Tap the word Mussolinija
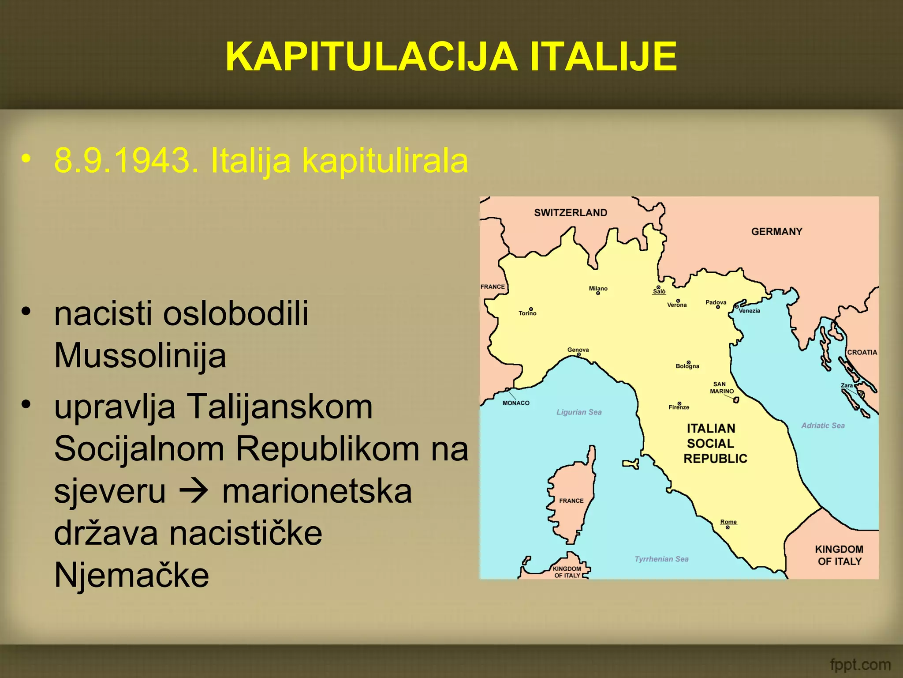tap(140, 356)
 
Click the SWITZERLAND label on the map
tap(571, 213)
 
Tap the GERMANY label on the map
tap(776, 232)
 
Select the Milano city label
tap(598, 289)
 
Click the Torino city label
tap(527, 313)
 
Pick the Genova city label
tap(578, 350)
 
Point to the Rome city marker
tap(728, 527)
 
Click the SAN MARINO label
tap(721, 388)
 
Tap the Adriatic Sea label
tap(823, 426)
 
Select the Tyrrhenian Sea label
tap(661, 559)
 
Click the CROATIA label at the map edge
tap(862, 352)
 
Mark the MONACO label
tap(516, 403)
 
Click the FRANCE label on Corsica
tap(571, 501)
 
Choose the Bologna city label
tap(687, 366)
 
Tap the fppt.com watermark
tap(860, 664)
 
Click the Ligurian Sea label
tap(578, 412)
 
